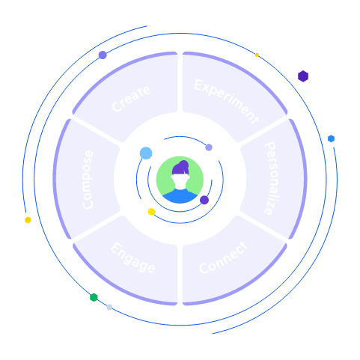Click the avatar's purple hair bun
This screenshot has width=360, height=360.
182,165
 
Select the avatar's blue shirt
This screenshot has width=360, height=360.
180,196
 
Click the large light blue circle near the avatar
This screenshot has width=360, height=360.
146,153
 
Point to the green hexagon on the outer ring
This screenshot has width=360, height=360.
94,297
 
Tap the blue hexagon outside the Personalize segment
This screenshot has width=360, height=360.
331,138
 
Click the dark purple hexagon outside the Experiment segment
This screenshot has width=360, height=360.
302,76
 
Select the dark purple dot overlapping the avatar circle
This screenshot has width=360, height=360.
204,200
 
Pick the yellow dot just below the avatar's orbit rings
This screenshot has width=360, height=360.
151,212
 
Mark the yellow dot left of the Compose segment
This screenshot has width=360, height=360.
28,220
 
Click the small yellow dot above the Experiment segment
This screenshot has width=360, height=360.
257,55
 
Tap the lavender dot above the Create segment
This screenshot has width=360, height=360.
103,55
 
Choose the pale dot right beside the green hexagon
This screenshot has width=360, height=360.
109,307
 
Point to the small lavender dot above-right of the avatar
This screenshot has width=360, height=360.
209,147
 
